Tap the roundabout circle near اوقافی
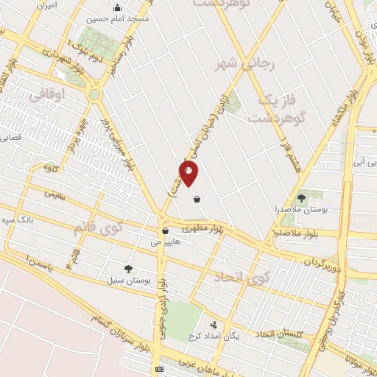pos(94,94)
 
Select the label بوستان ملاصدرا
pos(301,211)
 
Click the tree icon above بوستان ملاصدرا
pos(301,198)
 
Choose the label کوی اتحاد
pos(242,278)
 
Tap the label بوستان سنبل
pos(129,281)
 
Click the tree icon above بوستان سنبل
pos(129,269)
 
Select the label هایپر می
pos(165,242)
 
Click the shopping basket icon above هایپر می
pos(165,230)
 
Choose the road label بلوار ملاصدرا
pos(296,235)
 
